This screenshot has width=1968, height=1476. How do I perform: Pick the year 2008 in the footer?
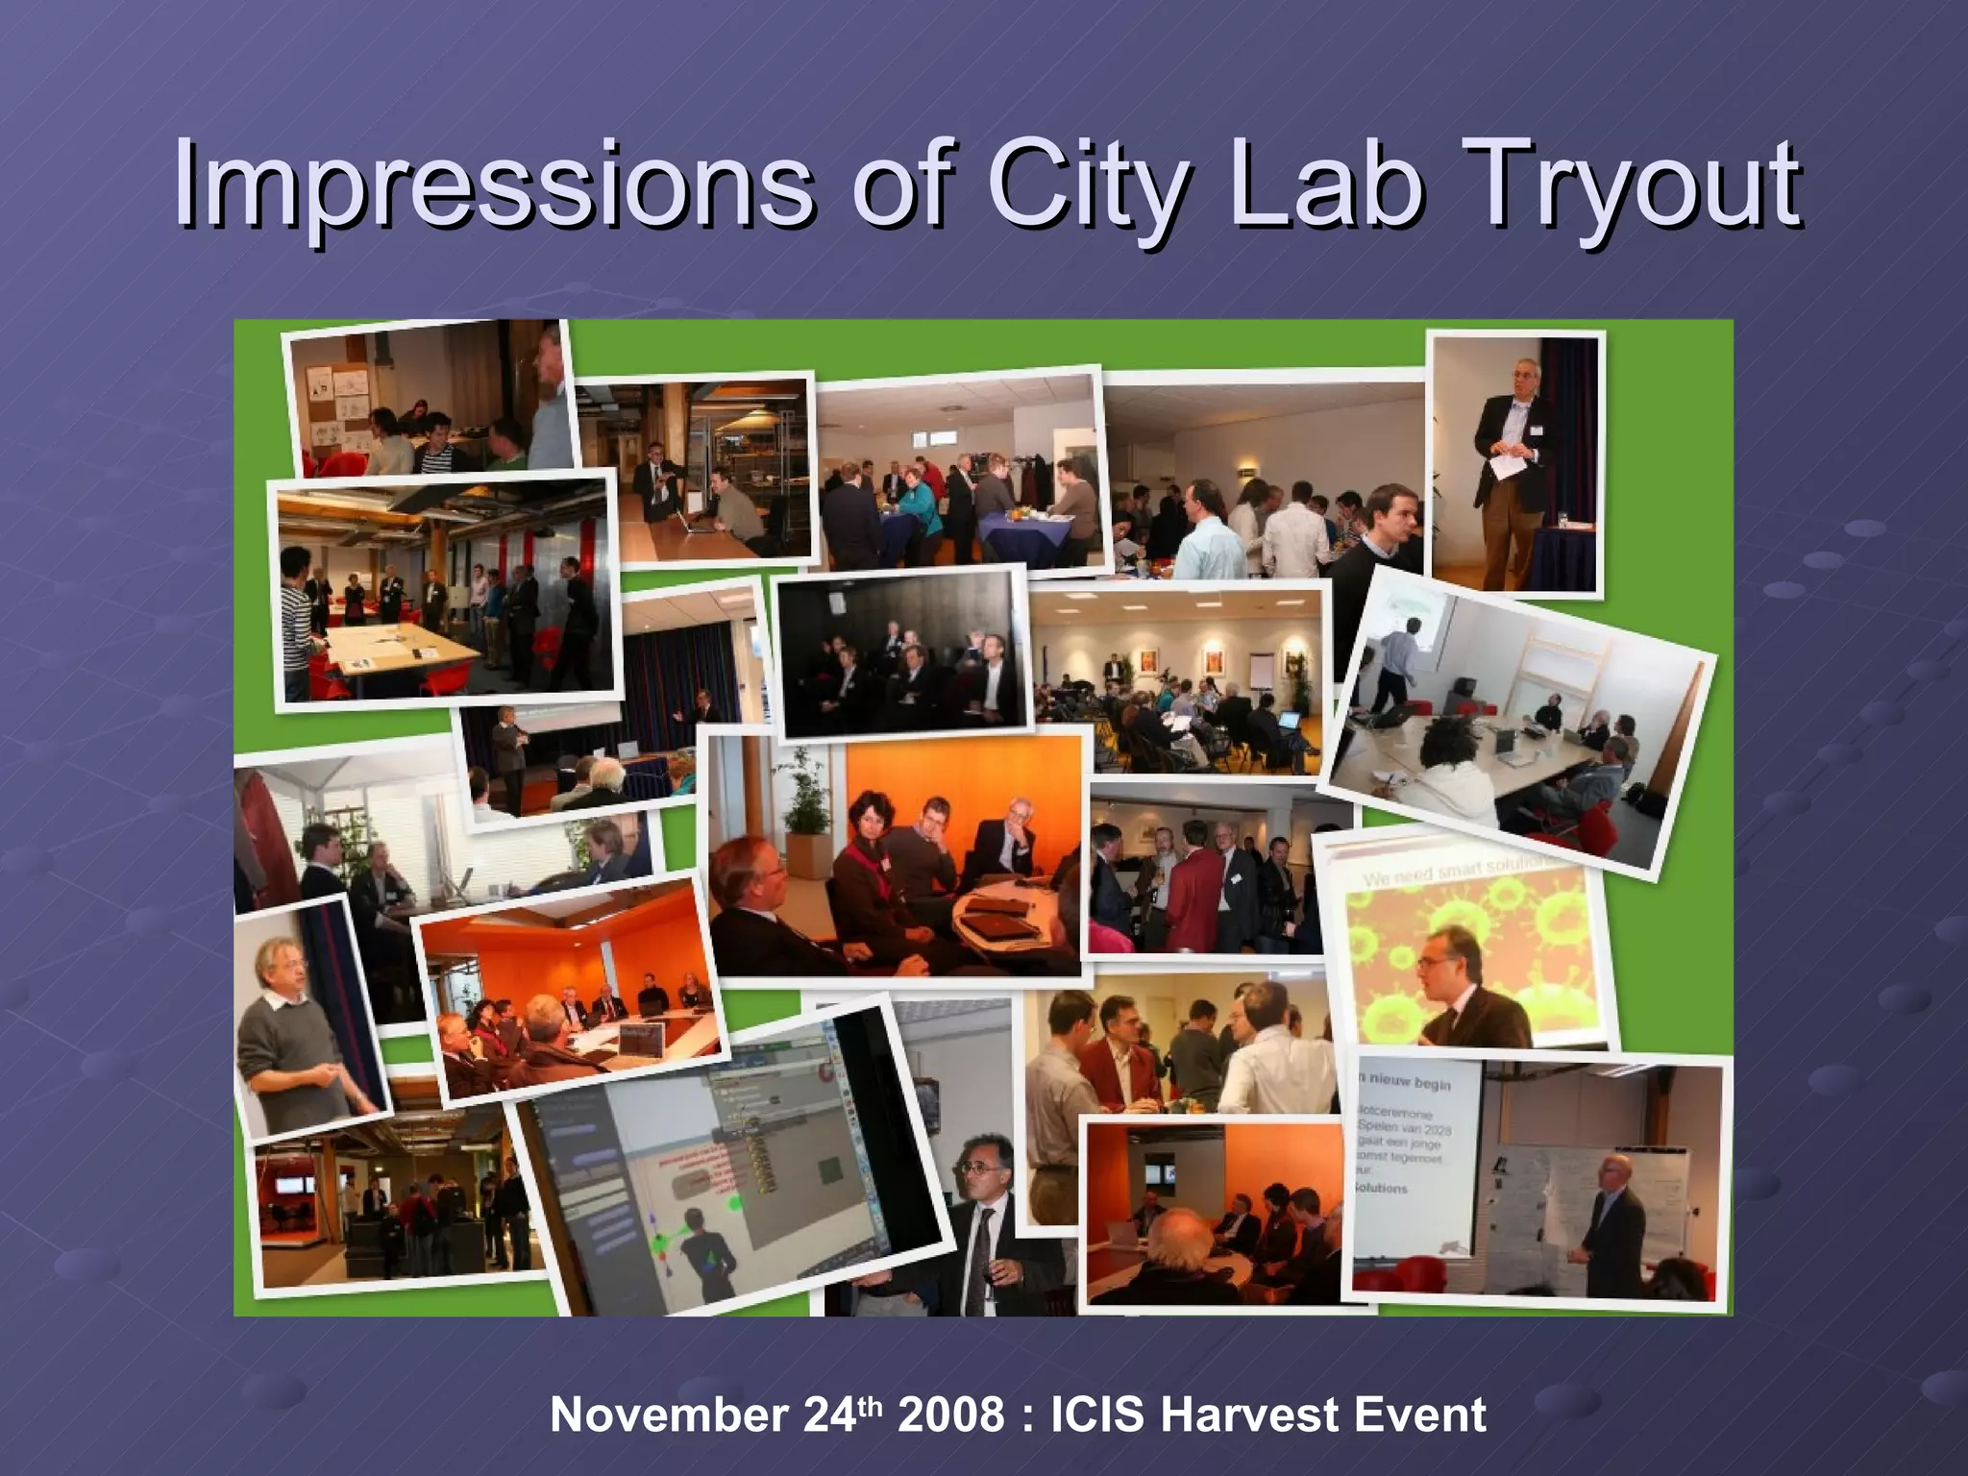[950, 1414]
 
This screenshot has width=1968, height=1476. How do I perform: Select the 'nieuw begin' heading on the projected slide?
[1405, 1084]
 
